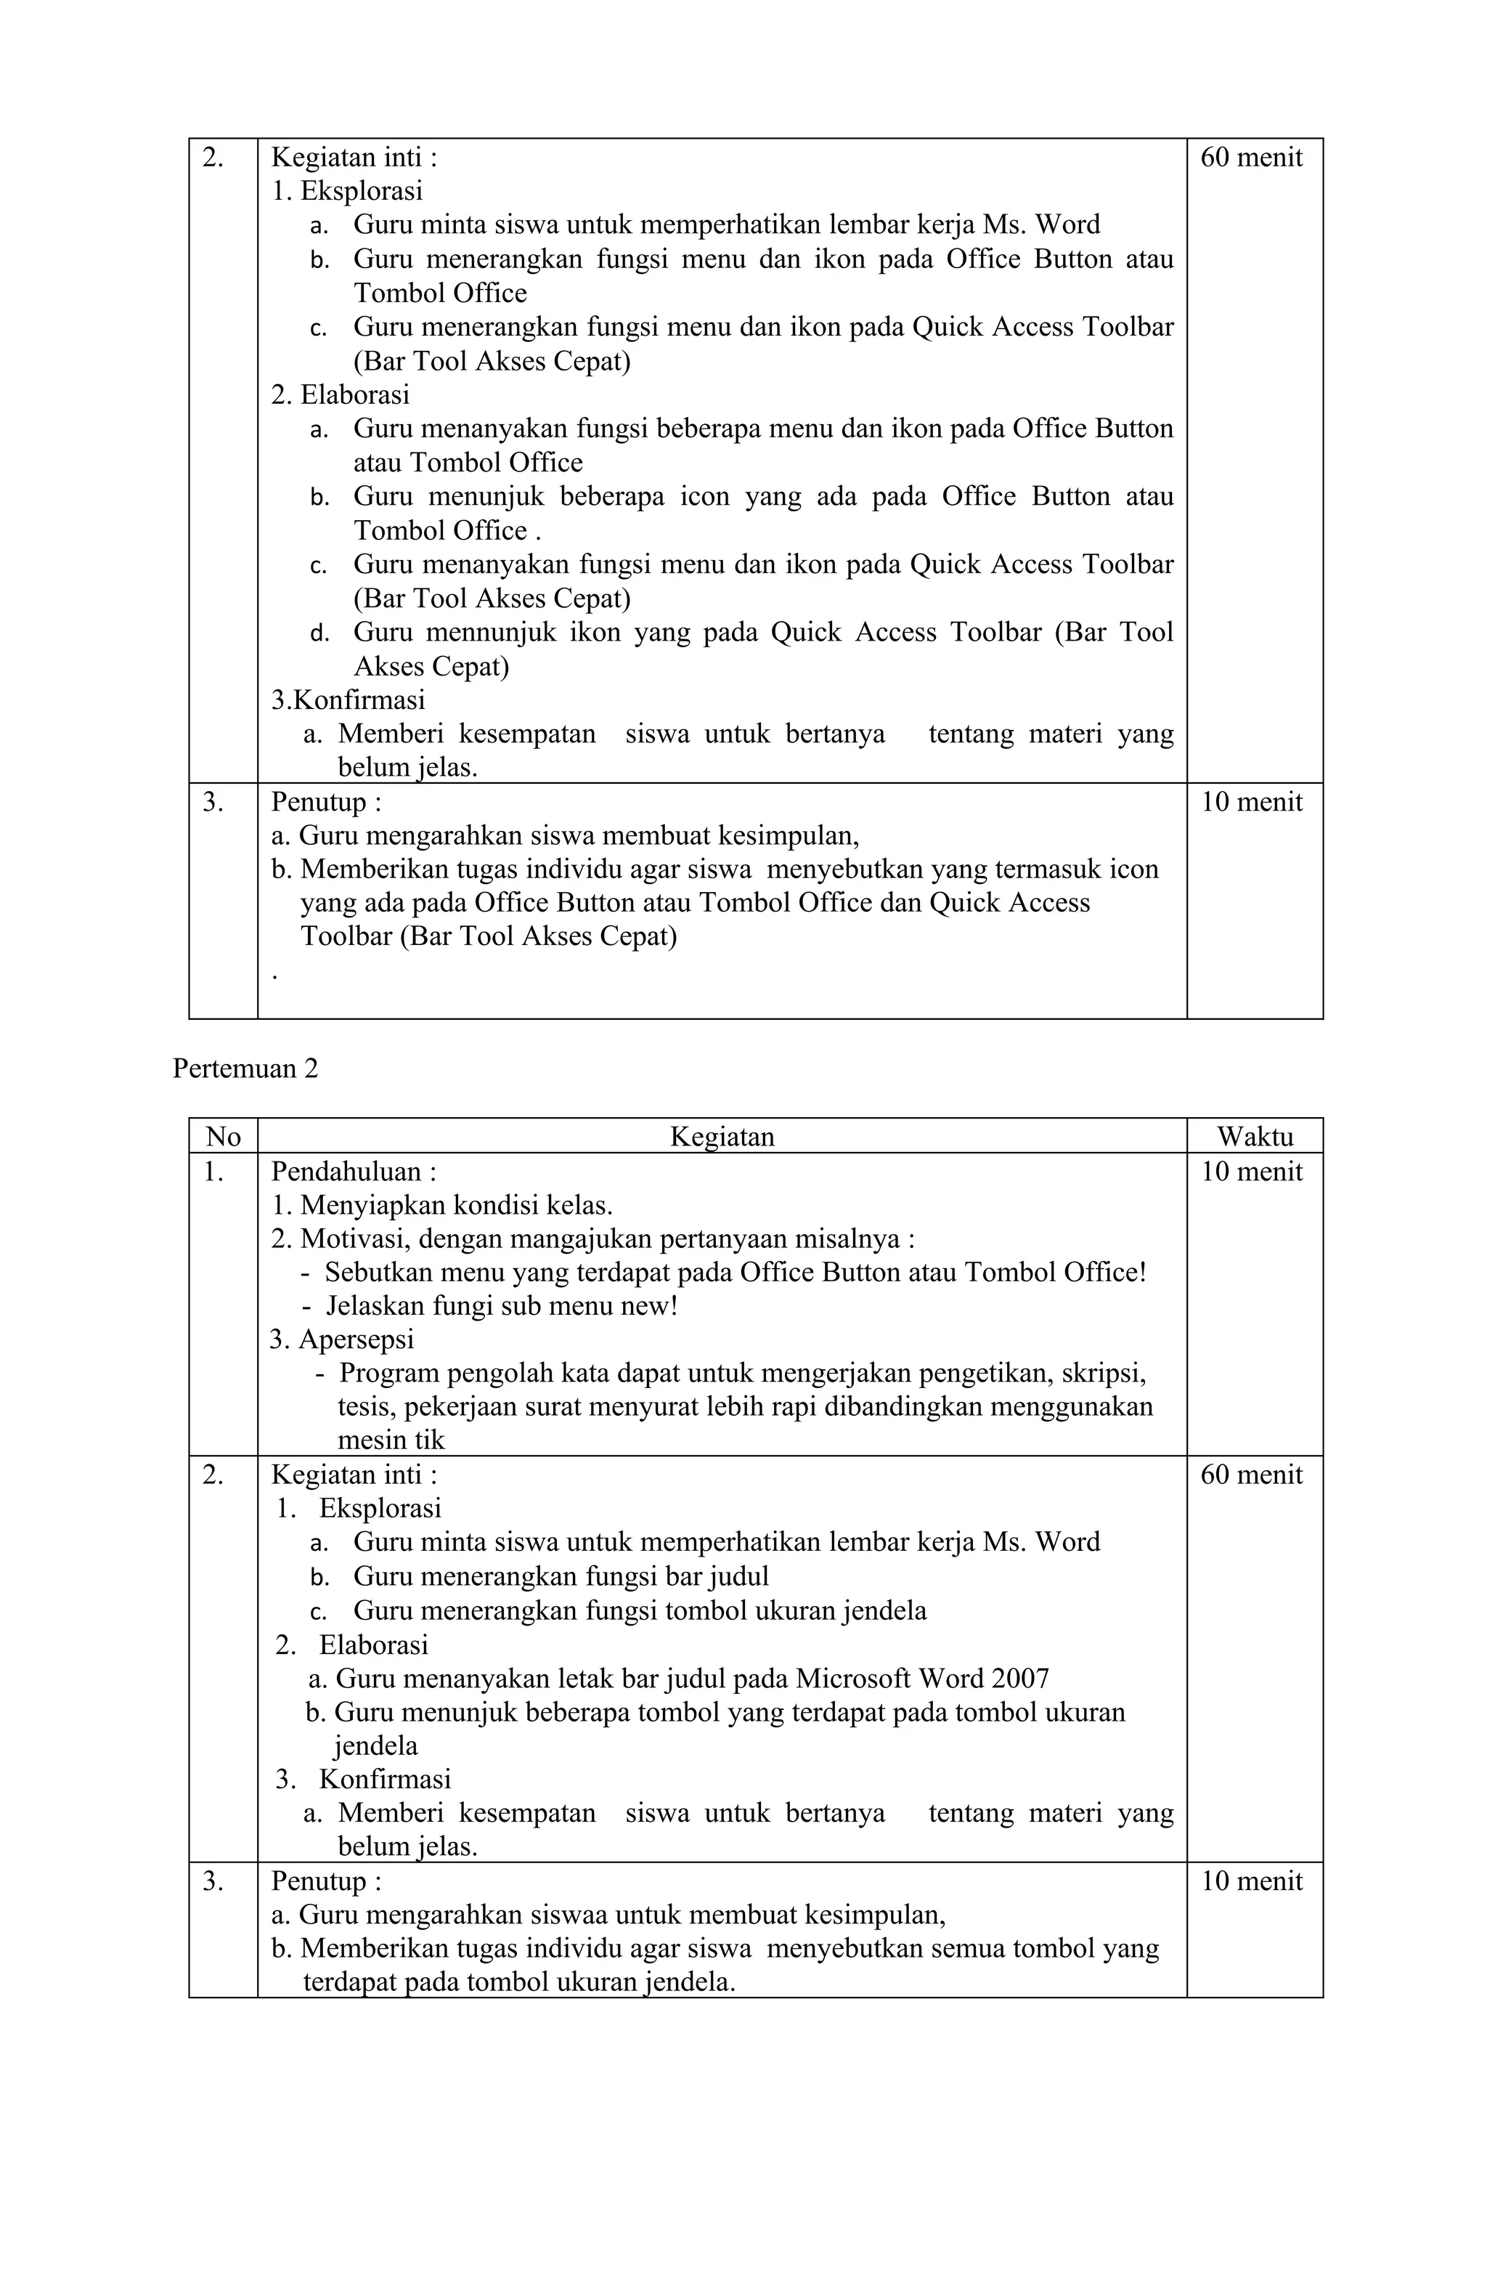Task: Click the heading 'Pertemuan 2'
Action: pos(245,1068)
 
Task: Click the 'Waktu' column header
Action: pos(1254,1137)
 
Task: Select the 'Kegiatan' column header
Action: pos(722,1137)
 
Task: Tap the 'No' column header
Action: pos(223,1137)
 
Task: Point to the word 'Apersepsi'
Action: pos(356,1339)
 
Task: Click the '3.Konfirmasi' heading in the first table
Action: pos(348,699)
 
